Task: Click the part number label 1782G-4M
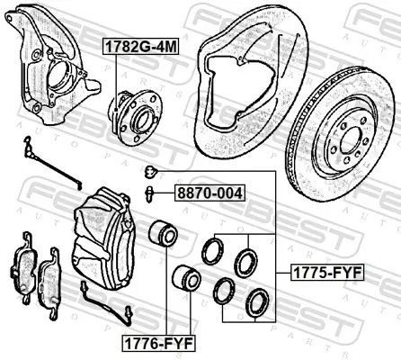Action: point(140,47)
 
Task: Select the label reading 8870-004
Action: point(209,193)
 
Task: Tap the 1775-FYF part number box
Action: point(327,273)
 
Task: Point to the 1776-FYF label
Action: point(158,343)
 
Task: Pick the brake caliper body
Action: point(103,237)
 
